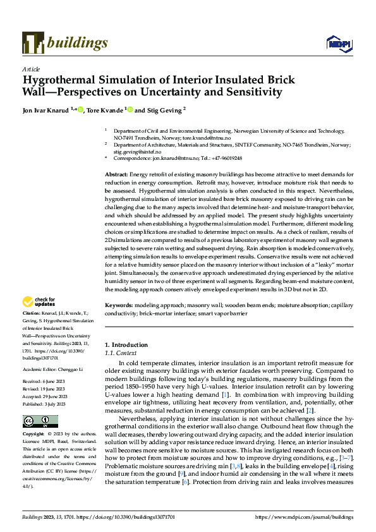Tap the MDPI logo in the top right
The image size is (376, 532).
tap(338, 43)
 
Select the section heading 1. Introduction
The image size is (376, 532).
tap(126, 345)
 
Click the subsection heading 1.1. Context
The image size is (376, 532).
tap(119, 353)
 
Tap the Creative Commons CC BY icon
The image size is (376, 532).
tap(37, 421)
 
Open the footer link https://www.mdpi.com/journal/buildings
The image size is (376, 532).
tap(303, 517)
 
